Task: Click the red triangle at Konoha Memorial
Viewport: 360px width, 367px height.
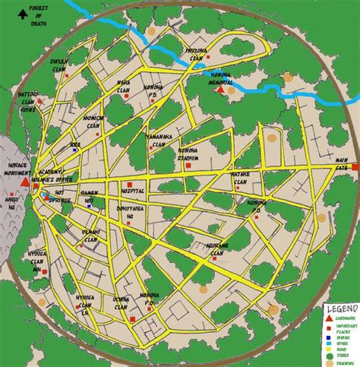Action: [x=220, y=90]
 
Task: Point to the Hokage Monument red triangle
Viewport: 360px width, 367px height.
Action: [x=24, y=184]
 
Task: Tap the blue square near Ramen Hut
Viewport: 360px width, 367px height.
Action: [x=89, y=204]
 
